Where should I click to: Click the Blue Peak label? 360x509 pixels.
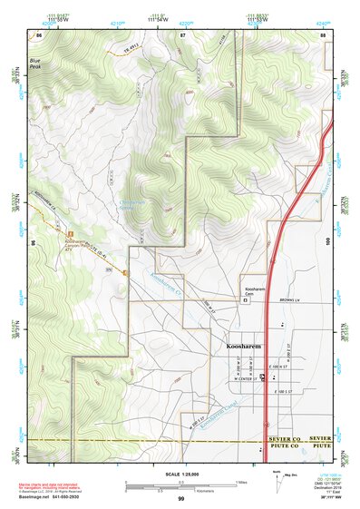pyautogui.click(x=35, y=64)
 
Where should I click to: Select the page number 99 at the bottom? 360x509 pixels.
pyautogui.click(x=180, y=499)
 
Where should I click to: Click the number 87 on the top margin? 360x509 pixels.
pyautogui.click(x=182, y=34)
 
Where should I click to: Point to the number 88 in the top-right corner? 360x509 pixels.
pyautogui.click(x=322, y=34)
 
